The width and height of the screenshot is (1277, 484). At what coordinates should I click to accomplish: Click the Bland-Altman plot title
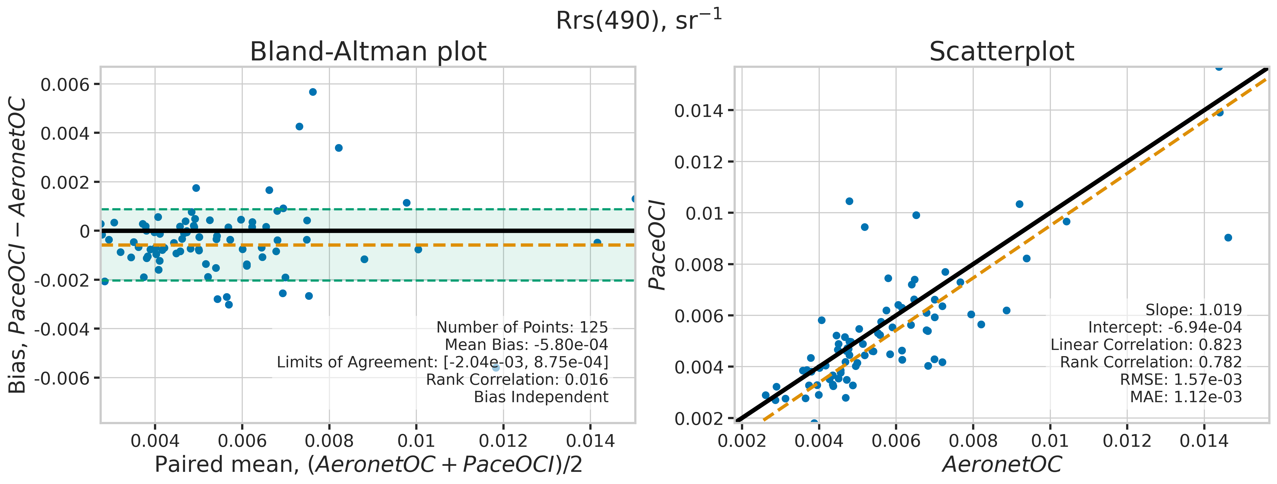click(x=368, y=51)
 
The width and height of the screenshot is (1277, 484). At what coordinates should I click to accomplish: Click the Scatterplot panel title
click(x=1001, y=51)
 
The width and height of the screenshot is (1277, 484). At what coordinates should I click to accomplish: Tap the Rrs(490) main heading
click(x=638, y=20)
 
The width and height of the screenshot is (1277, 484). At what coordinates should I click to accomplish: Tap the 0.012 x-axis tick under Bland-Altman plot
click(x=503, y=440)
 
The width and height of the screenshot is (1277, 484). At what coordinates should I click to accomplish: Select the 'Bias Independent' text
click(x=541, y=397)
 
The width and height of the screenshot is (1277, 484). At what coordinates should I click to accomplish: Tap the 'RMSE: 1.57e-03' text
click(x=1181, y=379)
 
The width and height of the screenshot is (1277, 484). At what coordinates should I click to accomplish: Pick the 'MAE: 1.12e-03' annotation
click(x=1186, y=397)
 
